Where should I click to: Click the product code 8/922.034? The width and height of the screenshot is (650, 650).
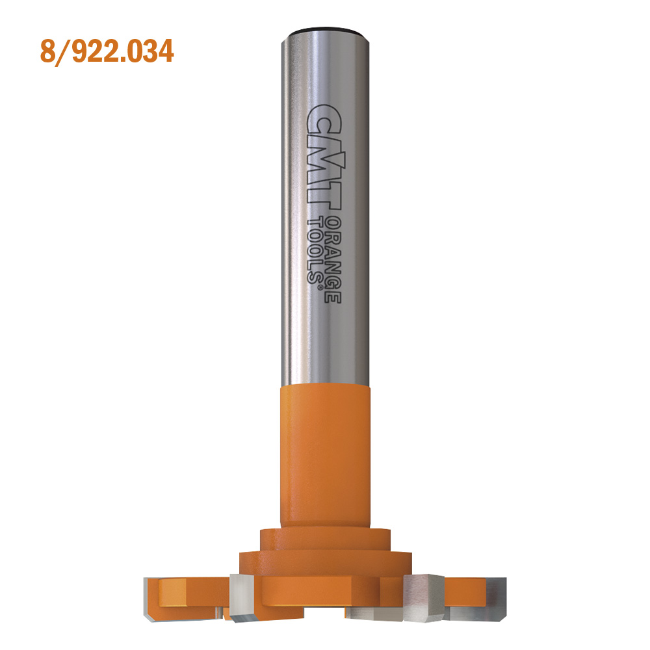point(107,51)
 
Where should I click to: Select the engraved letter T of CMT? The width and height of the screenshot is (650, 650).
point(320,196)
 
